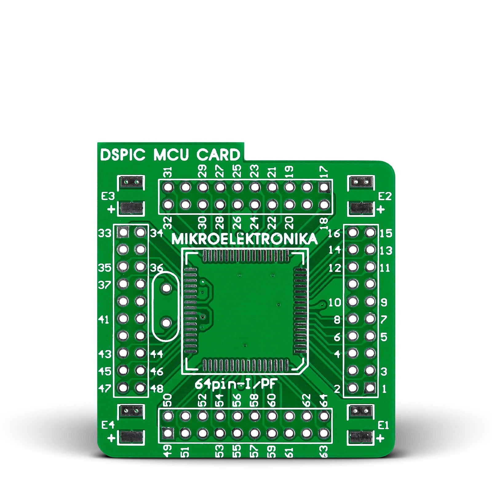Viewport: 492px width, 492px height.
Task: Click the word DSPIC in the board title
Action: [122, 155]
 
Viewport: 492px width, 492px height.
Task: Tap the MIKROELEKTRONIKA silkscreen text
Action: [244, 239]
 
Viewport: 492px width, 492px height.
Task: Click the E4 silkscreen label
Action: [108, 425]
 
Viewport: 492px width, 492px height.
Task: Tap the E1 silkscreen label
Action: [383, 425]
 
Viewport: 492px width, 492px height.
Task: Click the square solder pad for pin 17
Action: [324, 187]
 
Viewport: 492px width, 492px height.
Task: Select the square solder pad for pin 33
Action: [123, 232]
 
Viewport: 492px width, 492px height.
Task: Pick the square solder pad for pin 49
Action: [168, 433]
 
